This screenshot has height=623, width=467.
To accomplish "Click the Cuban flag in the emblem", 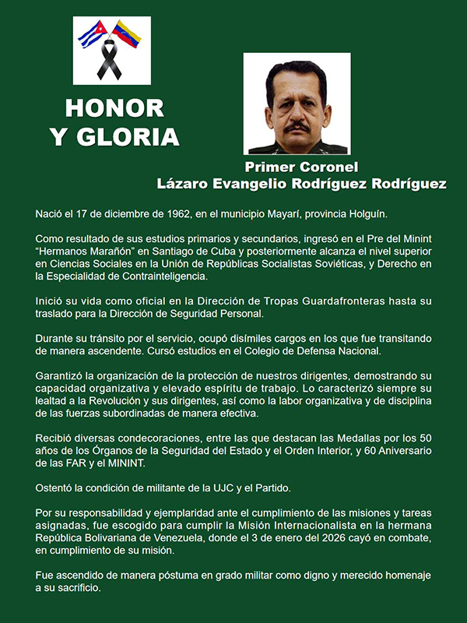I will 92,34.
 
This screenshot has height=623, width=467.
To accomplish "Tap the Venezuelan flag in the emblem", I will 126,33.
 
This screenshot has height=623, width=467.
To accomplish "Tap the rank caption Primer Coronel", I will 301,167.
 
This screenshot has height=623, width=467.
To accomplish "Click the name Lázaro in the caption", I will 181,184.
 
